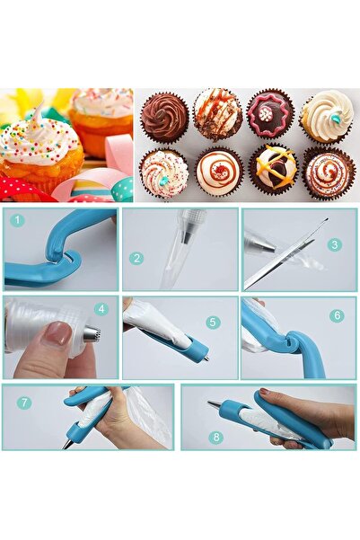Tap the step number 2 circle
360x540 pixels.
(x=136, y=258)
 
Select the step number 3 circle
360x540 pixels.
(x=334, y=243)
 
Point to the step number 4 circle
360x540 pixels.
(x=101, y=309)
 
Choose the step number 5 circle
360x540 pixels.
(x=213, y=322)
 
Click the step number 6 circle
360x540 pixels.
(x=336, y=315)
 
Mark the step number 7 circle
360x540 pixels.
(x=24, y=403)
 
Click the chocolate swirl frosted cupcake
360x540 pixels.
(x=164, y=116)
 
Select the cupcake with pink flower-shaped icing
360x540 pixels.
(x=270, y=115)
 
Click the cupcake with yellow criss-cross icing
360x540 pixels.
(x=273, y=169)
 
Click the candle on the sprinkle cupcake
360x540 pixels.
(x=37, y=118)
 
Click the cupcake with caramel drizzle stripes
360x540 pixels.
(x=217, y=114)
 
